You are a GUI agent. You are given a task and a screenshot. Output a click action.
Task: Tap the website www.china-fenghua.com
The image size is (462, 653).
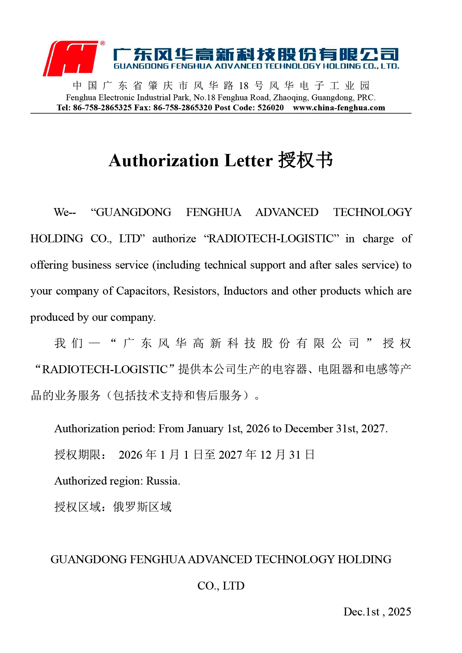click(339, 108)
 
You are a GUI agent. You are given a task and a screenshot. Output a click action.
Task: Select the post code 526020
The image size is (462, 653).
click(270, 108)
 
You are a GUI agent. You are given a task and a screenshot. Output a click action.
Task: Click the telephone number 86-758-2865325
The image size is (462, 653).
click(102, 108)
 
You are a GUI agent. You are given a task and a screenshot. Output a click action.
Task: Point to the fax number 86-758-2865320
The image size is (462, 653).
click(183, 108)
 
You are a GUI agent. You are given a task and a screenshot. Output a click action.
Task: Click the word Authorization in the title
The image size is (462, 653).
click(164, 161)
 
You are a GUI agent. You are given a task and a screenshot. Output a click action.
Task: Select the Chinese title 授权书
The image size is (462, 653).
click(305, 160)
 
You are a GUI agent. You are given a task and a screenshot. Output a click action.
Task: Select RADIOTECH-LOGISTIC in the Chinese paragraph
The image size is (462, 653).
click(105, 370)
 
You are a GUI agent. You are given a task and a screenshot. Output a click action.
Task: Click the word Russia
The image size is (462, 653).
click(163, 481)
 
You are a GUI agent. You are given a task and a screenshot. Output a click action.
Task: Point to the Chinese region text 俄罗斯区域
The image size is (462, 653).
click(142, 507)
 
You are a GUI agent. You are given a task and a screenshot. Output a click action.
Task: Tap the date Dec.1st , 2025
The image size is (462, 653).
click(377, 612)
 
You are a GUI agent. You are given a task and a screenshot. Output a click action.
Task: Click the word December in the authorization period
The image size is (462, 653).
click(309, 429)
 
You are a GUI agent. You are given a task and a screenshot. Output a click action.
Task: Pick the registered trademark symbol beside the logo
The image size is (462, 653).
click(103, 43)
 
